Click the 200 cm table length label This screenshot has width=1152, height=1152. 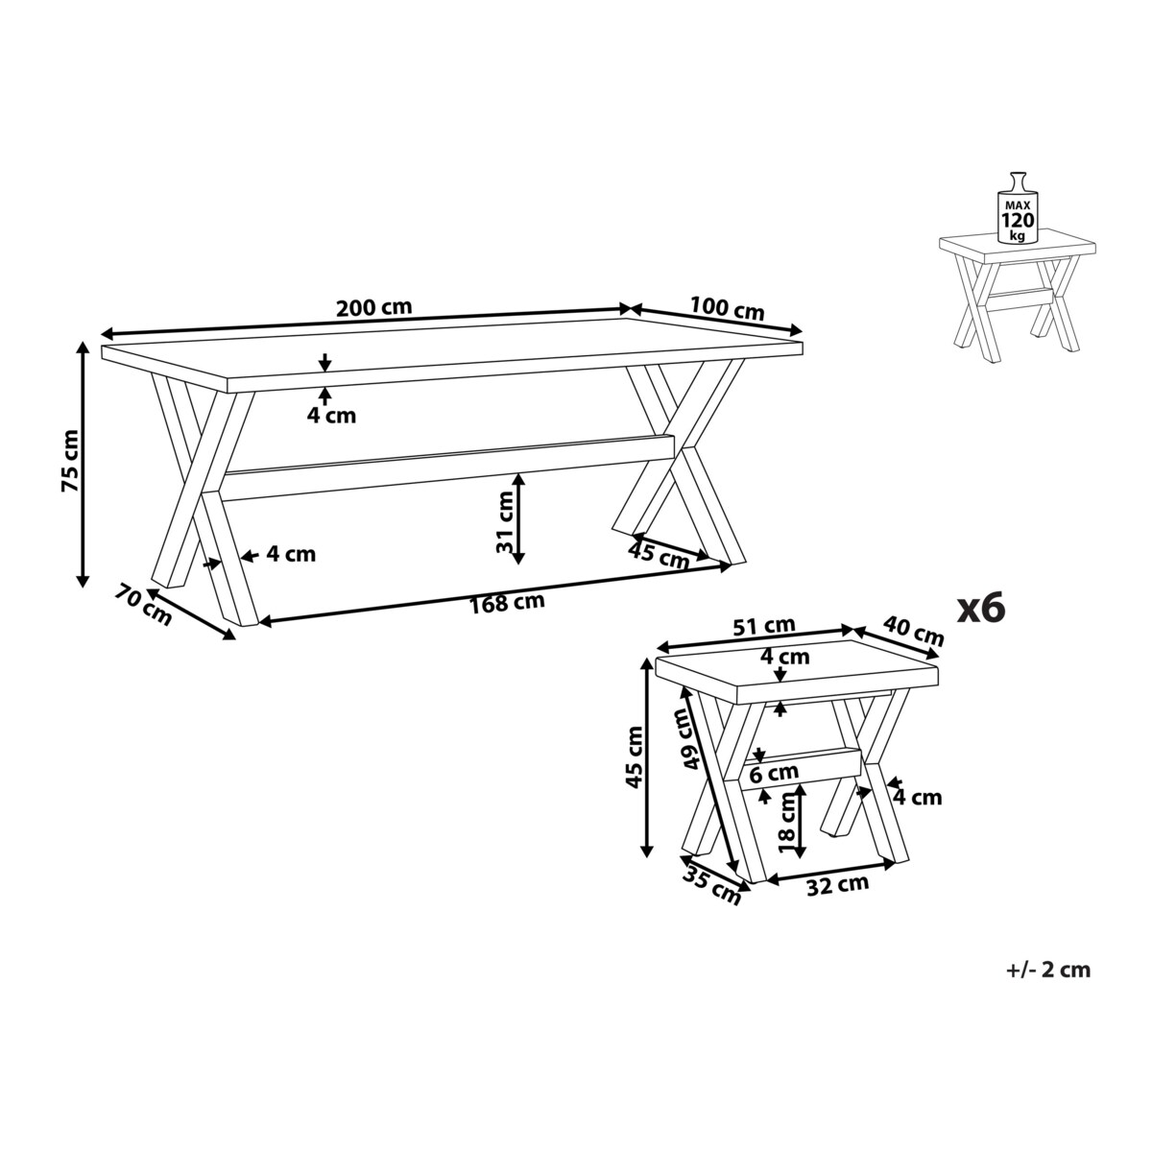374,307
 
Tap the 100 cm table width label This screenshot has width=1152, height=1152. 727,308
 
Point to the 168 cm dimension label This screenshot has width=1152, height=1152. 507,603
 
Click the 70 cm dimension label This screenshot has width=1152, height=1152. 143,606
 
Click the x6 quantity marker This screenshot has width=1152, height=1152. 981,609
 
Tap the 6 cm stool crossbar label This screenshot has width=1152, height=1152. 774,774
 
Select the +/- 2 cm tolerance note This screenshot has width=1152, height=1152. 1048,969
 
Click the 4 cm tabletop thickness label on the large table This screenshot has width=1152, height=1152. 331,415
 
